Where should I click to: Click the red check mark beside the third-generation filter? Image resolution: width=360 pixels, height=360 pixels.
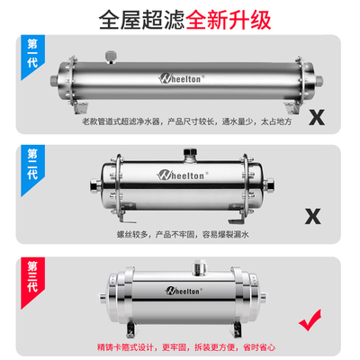coord(310,320)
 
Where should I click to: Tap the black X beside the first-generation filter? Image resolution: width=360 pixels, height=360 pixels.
coord(317,118)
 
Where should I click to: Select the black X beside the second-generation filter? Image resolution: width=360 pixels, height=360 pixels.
coord(313,217)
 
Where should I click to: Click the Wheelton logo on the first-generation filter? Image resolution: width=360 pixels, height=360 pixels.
coord(181,78)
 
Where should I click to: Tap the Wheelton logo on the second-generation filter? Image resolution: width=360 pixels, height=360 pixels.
coord(183,175)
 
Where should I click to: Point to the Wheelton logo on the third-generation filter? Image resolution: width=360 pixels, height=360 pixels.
coord(184,291)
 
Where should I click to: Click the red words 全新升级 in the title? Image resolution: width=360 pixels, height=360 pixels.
coord(229,20)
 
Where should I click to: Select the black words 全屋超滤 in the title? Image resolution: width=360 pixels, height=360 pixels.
coord(141,20)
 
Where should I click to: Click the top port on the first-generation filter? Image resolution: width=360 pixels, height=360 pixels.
coord(111,58)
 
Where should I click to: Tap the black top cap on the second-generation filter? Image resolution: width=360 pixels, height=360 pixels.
coord(190,151)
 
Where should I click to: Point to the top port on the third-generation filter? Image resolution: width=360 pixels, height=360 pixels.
coord(198,267)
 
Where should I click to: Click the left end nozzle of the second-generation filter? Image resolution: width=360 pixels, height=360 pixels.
coord(95,185)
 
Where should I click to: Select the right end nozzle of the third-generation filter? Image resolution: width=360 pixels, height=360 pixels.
coord(263,297)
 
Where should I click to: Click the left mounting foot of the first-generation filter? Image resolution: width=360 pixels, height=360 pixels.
coord(80,108)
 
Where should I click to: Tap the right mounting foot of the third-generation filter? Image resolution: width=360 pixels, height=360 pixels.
coord(237,329)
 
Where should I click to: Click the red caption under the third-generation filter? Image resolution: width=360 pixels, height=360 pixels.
coord(186,347)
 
